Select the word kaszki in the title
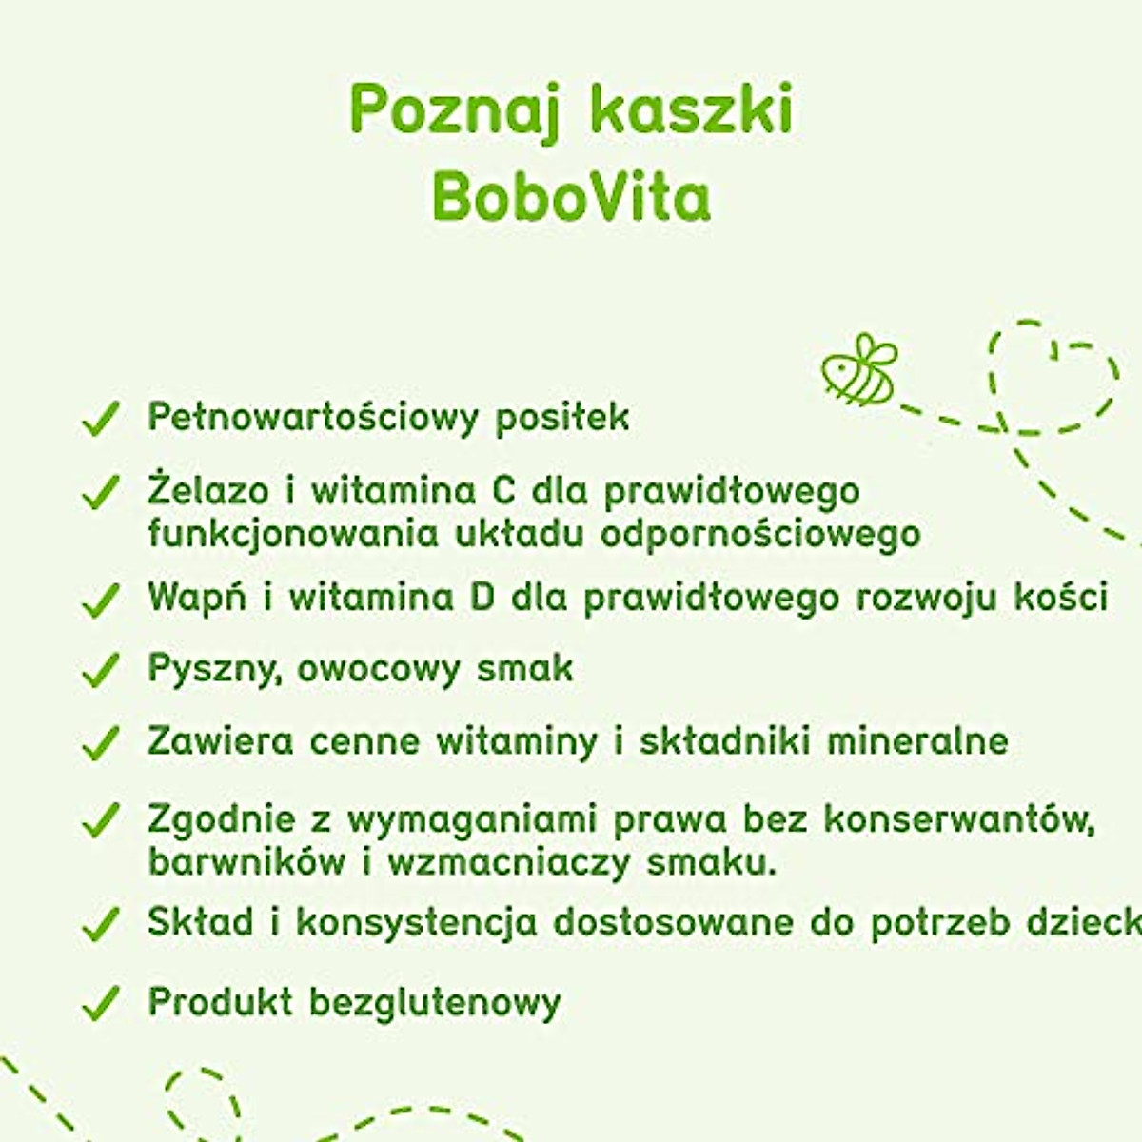click(x=691, y=109)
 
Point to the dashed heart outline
click(x=1052, y=376)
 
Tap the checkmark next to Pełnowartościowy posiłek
click(x=100, y=419)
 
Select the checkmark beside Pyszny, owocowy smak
click(x=100, y=670)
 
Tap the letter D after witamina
click(x=482, y=598)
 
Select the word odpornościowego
click(x=760, y=534)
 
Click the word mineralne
click(x=917, y=740)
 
